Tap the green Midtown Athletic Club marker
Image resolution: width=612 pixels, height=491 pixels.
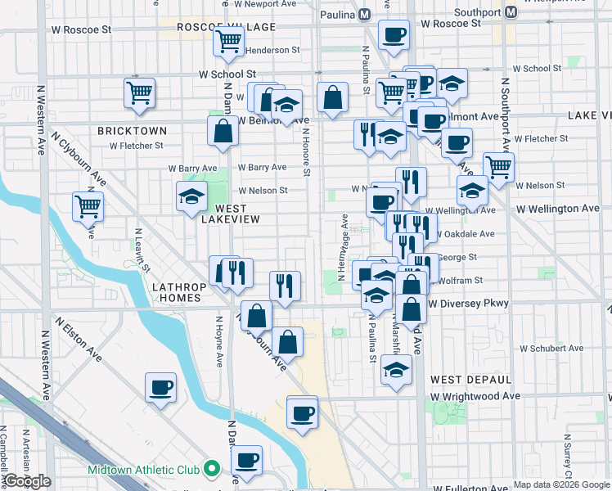(213, 470)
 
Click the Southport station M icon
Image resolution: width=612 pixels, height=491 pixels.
(511, 13)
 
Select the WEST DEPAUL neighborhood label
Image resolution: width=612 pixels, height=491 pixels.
(470, 380)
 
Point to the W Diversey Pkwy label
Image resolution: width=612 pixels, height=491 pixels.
(468, 304)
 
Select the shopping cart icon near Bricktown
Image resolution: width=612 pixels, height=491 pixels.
(140, 92)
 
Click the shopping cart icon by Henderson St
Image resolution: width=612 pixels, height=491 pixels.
(228, 41)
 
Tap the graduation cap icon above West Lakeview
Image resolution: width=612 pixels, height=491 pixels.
(191, 196)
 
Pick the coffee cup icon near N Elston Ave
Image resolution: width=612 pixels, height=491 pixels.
(160, 387)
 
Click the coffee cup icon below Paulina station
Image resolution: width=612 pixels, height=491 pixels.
(394, 35)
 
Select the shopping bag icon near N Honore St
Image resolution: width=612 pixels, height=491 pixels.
(332, 98)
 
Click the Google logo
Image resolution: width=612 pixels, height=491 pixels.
(27, 481)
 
